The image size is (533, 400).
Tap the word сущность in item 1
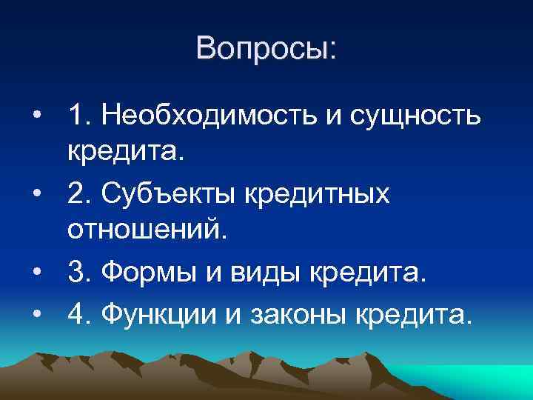(417, 116)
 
